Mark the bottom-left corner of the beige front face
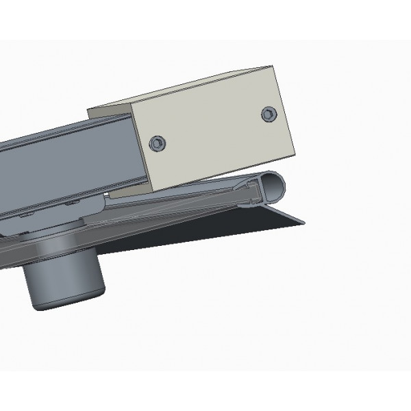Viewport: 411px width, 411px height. pos(153,192)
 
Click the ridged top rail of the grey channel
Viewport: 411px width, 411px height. pos(62,129)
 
